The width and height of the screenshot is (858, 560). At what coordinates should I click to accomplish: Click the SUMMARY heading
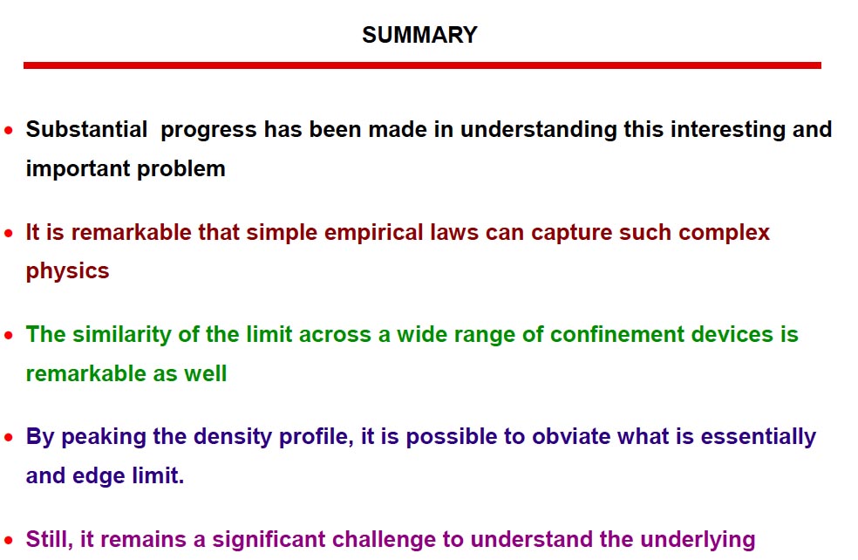(x=419, y=35)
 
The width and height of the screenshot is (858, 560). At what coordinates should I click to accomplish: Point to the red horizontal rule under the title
(x=422, y=65)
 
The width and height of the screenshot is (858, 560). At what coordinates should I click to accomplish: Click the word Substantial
(x=86, y=130)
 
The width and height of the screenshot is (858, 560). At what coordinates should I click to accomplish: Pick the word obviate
(x=571, y=437)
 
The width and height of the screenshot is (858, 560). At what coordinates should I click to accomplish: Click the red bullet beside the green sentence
(x=8, y=335)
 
